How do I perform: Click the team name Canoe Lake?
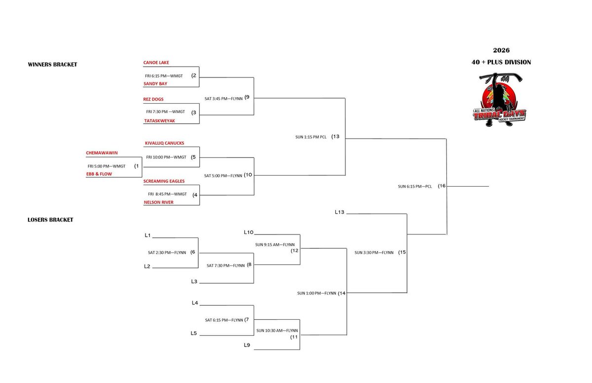coord(156,63)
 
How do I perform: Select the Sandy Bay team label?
coord(155,84)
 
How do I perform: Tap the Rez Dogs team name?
coord(153,99)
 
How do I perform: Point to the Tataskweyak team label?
coord(160,121)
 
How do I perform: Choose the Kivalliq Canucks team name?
coord(164,143)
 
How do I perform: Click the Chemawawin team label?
coord(102,153)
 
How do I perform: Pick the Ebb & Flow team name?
coord(99,174)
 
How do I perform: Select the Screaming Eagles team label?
coord(164,181)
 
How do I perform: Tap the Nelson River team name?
coord(158,202)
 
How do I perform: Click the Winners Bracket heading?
coord(52,65)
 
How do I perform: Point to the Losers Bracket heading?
coord(50,220)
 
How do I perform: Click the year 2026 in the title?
coord(501,50)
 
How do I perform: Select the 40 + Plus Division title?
coord(501,62)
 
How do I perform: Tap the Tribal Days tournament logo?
coord(499,100)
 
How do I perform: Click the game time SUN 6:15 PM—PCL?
coord(415,187)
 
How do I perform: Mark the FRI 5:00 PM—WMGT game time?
coord(107,166)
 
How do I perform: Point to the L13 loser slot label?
coord(339,212)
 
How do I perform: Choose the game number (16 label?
coord(442,186)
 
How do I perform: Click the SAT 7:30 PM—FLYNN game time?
coord(225,266)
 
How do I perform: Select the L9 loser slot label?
coord(247,345)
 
